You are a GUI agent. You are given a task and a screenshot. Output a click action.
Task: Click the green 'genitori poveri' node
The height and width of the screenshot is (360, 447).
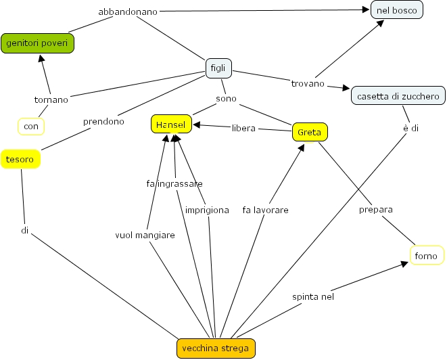coord(37,43)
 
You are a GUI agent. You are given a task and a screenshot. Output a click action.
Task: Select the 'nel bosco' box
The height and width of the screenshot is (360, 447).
coord(397,9)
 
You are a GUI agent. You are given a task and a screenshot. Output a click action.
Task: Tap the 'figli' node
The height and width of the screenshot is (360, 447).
coord(218,68)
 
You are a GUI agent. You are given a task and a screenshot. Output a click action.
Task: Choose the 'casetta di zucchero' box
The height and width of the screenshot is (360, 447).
coord(398,95)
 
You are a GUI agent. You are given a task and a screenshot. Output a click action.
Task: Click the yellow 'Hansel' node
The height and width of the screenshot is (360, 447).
coord(171,124)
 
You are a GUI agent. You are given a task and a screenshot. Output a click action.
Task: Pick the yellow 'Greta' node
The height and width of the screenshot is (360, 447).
coord(310,132)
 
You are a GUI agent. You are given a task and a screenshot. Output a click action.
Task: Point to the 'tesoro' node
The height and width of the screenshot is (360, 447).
coord(20,159)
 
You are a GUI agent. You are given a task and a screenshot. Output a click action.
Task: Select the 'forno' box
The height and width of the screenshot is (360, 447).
coord(427,255)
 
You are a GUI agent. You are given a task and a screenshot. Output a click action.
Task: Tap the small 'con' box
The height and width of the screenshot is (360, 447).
coord(30,126)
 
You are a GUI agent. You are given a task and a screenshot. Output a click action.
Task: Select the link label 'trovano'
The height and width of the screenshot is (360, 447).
coord(308,83)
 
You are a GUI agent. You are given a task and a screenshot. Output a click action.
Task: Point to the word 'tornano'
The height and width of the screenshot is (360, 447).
coord(51,99)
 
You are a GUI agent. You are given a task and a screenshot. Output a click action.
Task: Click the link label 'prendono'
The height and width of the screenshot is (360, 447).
coord(103,122)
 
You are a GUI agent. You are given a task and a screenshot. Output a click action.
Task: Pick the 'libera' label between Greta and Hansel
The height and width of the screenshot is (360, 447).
coord(243,128)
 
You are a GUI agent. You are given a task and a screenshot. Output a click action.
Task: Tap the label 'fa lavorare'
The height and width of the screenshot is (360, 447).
coord(265,210)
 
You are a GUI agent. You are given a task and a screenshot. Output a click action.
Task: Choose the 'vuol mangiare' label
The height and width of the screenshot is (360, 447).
coord(145,235)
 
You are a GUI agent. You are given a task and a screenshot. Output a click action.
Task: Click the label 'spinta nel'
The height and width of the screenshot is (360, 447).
coord(313,296)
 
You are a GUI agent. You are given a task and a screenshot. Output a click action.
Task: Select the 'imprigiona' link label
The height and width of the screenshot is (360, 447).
coord(207,210)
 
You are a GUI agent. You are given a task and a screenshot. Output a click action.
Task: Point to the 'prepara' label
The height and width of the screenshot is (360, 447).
coord(375,210)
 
